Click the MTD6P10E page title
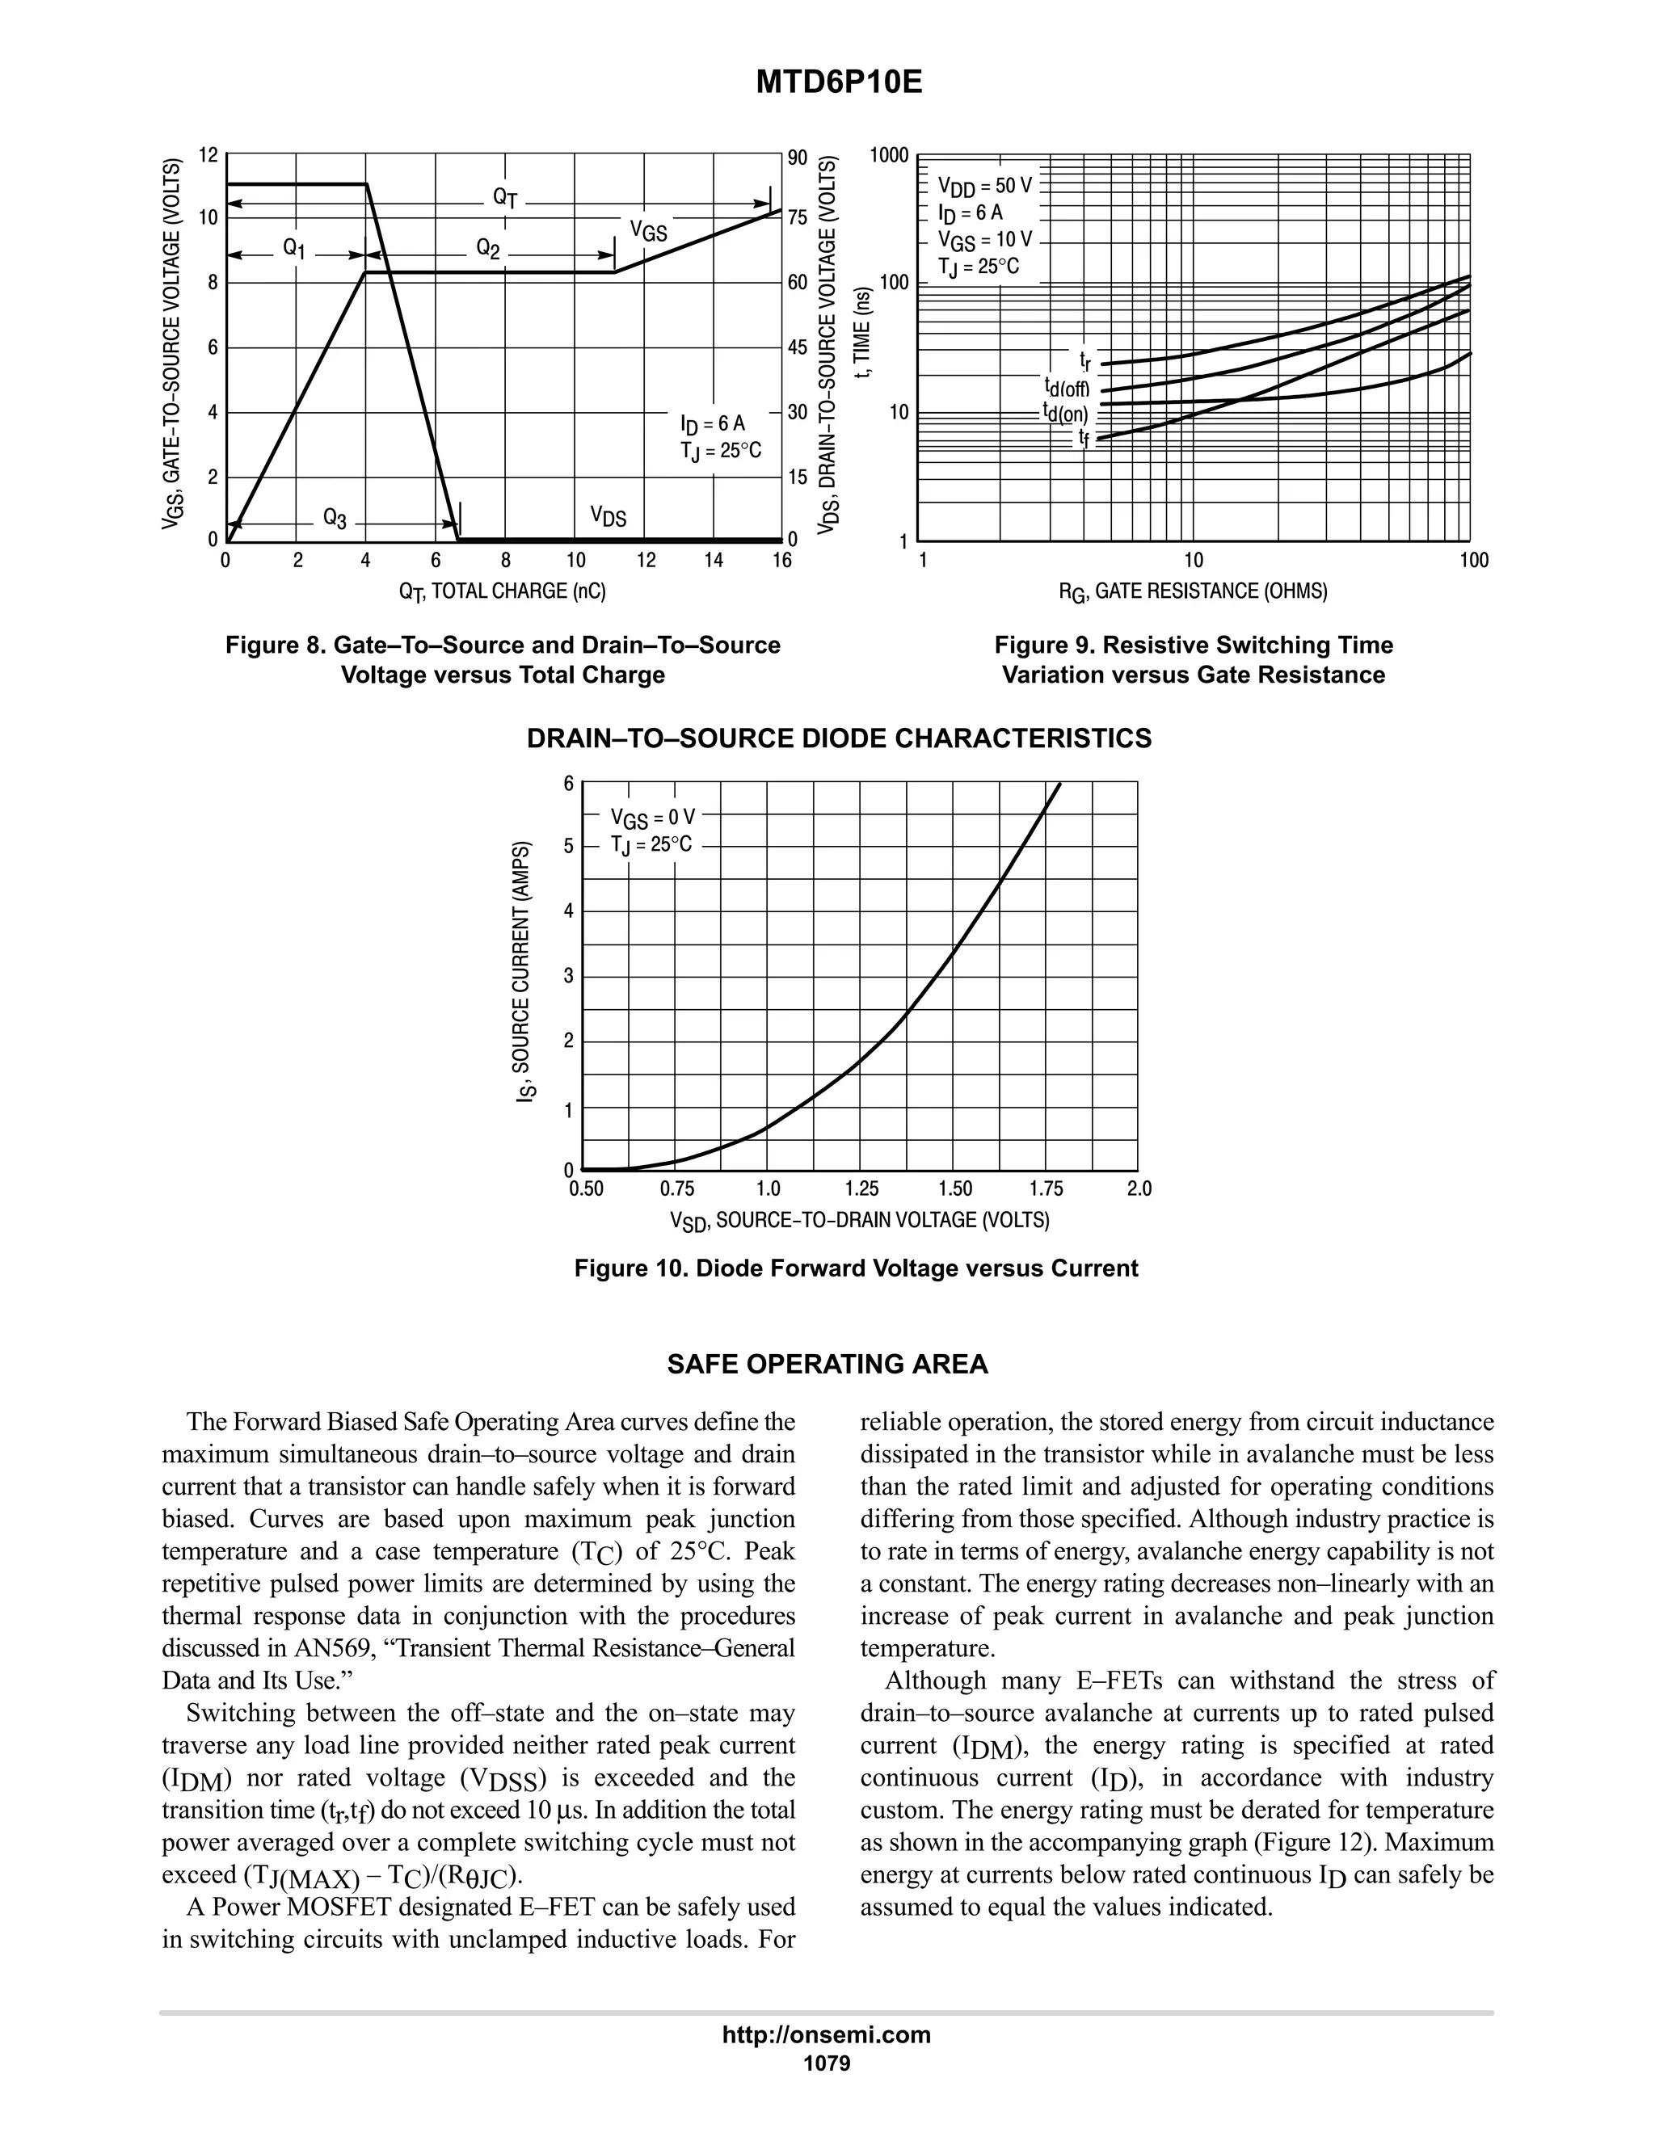coord(838,83)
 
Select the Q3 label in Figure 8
coord(335,519)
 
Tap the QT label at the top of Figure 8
coord(505,197)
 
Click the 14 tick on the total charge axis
coord(713,561)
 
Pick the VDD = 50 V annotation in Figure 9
coord(985,185)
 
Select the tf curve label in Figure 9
coord(1084,437)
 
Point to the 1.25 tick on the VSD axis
coord(861,1189)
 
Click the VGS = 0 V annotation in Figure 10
coord(653,818)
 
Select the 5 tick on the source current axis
coord(569,846)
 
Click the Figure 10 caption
coord(856,1268)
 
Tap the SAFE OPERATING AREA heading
coord(827,1365)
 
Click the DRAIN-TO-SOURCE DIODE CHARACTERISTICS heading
coord(840,738)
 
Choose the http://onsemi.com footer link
coord(827,2034)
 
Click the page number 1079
coord(827,2063)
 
